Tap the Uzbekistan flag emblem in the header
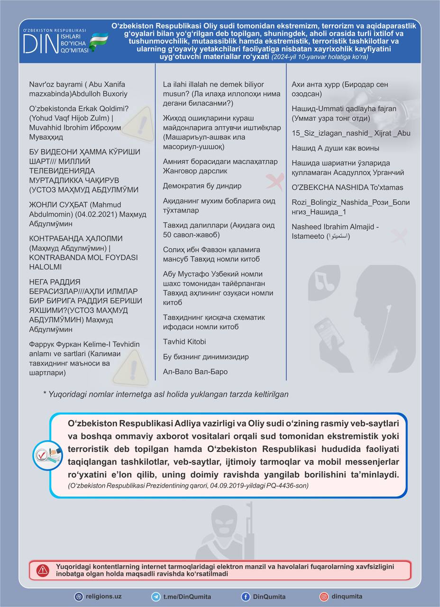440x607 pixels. point(100,41)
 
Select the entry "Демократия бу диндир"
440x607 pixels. point(202,185)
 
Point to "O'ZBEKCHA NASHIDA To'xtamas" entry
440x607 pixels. point(348,187)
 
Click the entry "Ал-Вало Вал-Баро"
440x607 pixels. point(195,371)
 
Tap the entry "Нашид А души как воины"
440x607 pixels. point(335,148)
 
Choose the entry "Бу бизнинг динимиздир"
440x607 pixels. point(206,357)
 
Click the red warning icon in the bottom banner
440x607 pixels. point(43,570)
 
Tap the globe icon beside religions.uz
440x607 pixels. point(79,597)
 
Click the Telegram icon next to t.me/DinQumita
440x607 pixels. point(156,597)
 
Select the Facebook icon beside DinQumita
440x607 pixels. point(246,597)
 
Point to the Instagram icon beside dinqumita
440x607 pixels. point(324,597)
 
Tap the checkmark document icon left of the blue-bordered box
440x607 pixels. point(47,455)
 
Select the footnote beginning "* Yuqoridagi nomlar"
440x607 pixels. point(165,394)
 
